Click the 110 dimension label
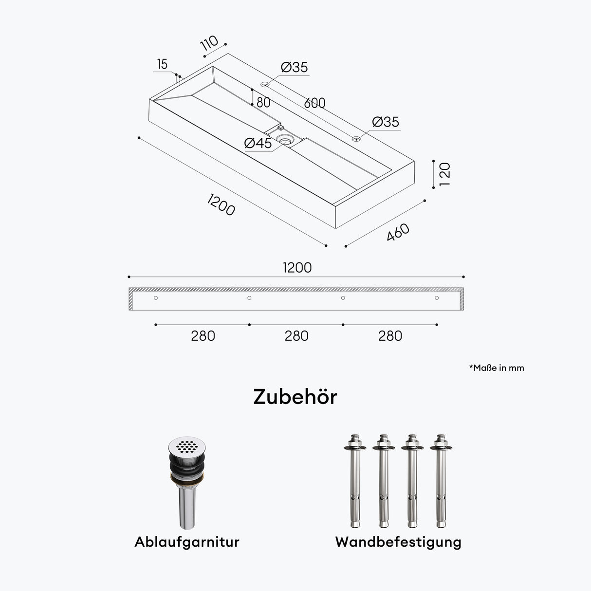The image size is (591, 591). (x=209, y=43)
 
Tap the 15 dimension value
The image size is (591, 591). (x=162, y=64)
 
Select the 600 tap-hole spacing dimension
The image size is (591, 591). (x=314, y=103)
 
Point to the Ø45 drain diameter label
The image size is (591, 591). (x=258, y=143)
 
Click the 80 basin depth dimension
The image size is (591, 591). (x=263, y=103)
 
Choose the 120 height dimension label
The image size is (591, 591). (x=444, y=174)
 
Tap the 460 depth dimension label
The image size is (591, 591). (x=398, y=232)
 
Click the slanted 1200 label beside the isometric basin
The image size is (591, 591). (x=221, y=204)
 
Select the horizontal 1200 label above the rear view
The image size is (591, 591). (x=297, y=268)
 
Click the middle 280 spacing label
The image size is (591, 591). (x=296, y=336)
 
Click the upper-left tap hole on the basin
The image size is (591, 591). (x=265, y=84)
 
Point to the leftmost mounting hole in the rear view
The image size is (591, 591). (x=156, y=298)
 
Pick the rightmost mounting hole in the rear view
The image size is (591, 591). (x=436, y=298)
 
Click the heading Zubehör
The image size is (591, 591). (x=295, y=397)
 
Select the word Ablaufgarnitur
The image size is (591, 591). (x=187, y=551)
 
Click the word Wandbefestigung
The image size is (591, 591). (x=398, y=551)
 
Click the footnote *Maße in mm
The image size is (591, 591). (x=497, y=368)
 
